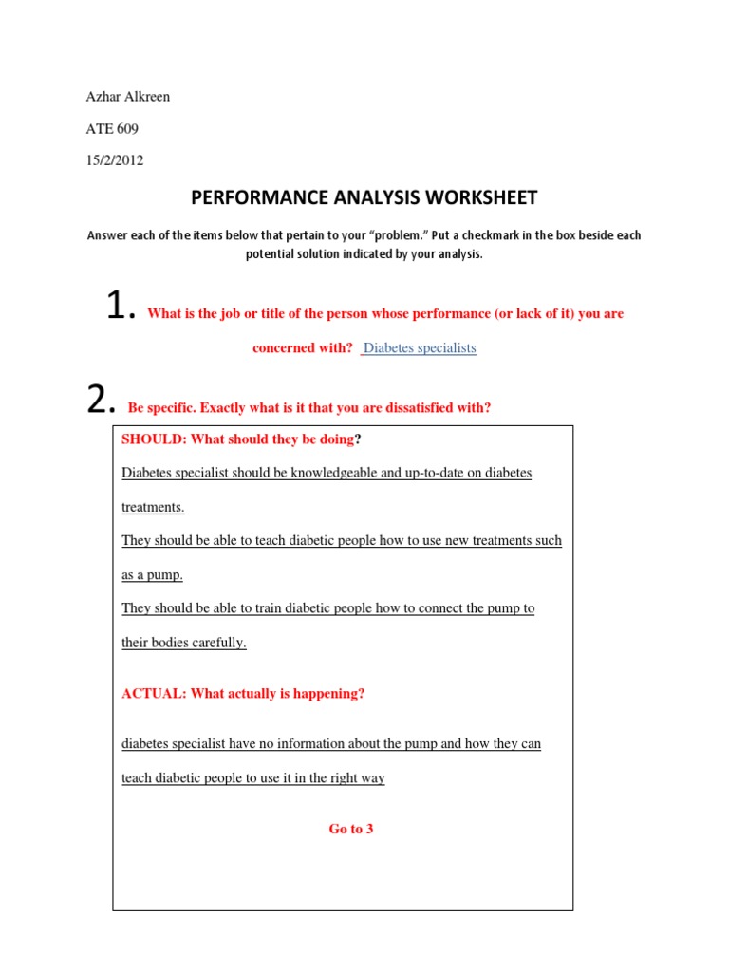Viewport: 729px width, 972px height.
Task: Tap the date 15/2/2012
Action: pos(114,160)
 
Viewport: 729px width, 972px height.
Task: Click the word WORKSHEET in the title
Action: pos(471,197)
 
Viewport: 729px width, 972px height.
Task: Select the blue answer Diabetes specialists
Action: pos(420,348)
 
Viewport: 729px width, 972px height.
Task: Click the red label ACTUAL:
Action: pos(155,694)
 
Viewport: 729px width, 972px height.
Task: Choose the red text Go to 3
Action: pos(351,830)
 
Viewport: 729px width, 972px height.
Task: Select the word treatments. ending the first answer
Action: pos(154,507)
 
